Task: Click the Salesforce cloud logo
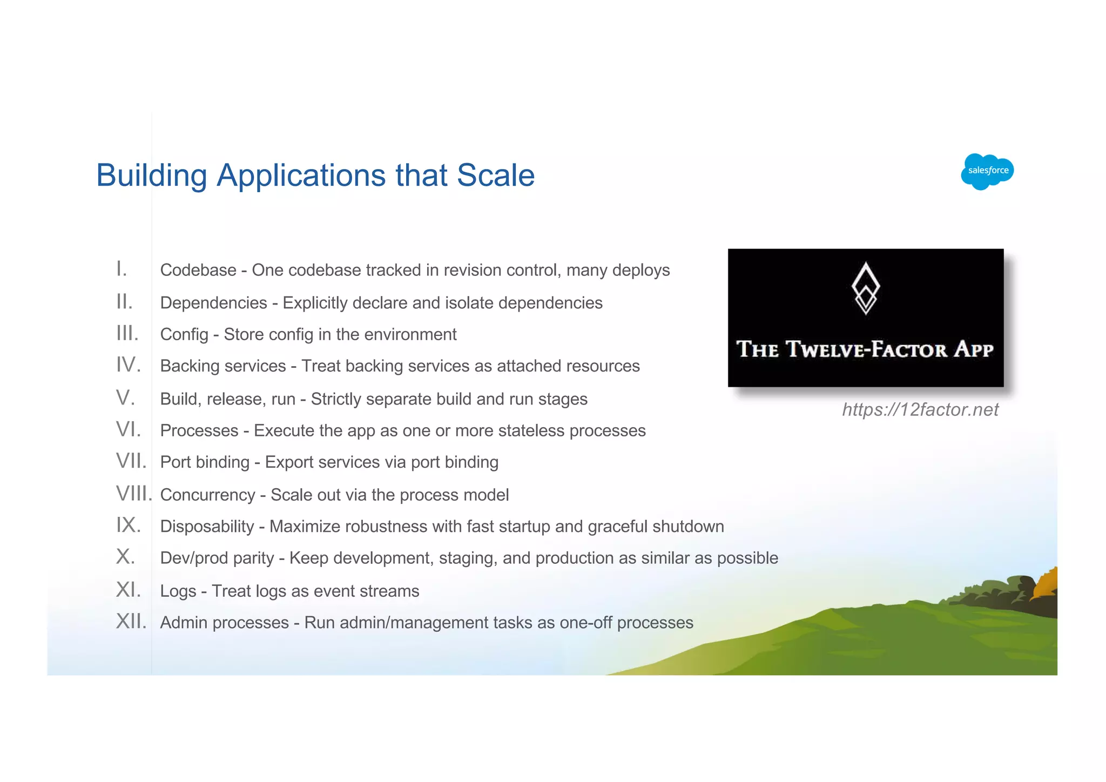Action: tap(987, 171)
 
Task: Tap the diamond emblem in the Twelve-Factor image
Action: tap(866, 288)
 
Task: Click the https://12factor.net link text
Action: tap(920, 410)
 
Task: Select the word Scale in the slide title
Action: tap(496, 176)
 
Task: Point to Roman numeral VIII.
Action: tap(133, 494)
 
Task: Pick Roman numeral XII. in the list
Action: tap(131, 622)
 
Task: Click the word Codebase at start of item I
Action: tap(198, 270)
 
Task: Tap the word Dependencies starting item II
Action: tap(214, 303)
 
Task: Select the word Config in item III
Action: tap(184, 335)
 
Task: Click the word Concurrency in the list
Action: tap(207, 495)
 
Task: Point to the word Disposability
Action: tap(207, 527)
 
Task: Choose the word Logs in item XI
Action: tap(178, 591)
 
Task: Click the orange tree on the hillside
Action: tap(1046, 583)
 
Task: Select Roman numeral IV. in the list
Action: tap(129, 366)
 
